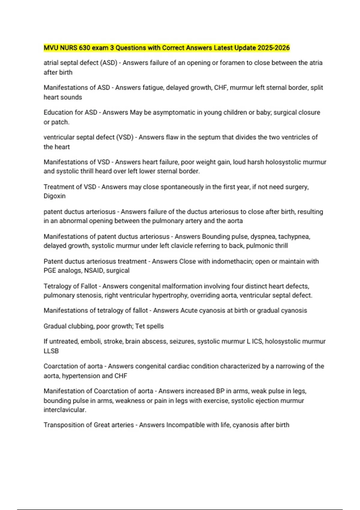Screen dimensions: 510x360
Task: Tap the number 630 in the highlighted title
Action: (x=85, y=48)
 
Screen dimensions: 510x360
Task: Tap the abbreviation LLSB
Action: (x=51, y=351)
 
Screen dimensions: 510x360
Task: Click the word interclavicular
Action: (x=64, y=410)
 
